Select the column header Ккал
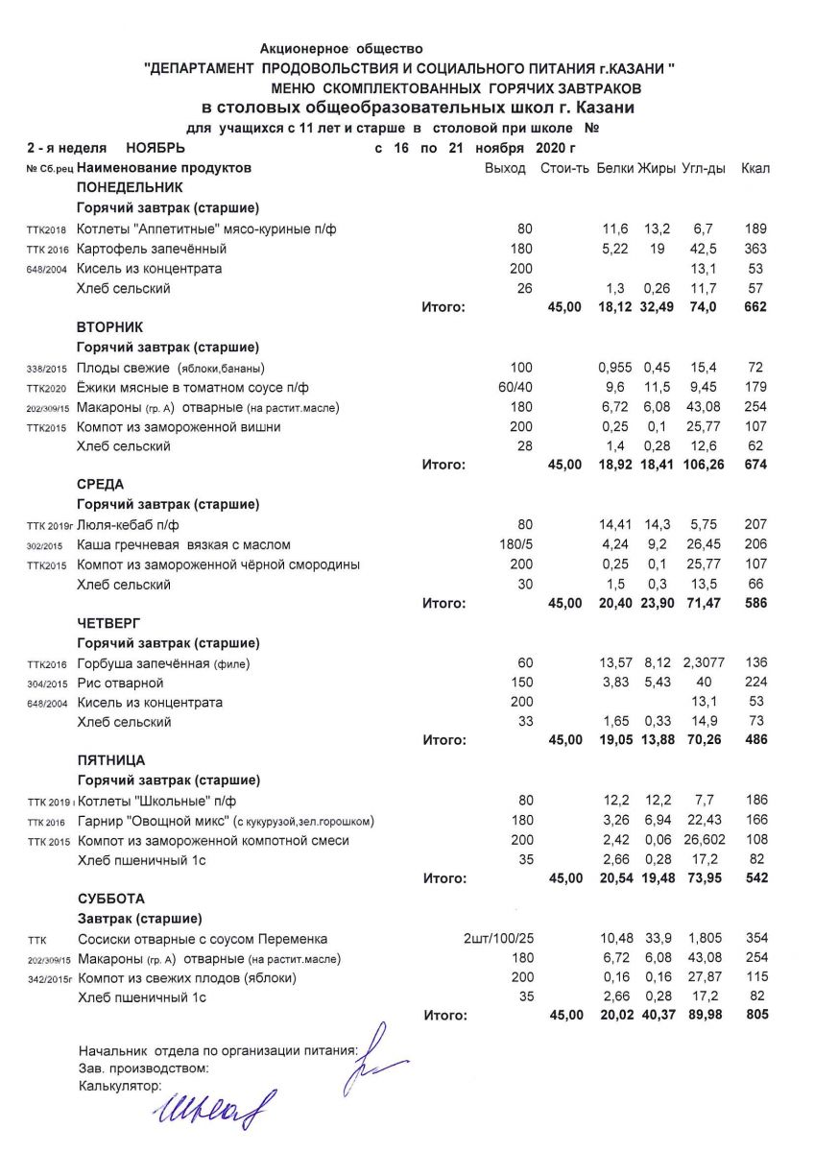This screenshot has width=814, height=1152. coord(755,168)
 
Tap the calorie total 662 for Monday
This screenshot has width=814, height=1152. coord(755,307)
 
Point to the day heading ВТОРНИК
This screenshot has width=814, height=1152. coord(108,326)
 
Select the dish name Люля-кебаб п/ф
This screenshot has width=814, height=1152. coord(128,526)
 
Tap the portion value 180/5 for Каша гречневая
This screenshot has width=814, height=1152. coord(514,545)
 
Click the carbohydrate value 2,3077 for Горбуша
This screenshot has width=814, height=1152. coord(703,664)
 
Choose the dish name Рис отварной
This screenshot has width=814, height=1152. coord(120,684)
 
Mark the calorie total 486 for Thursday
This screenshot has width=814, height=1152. coord(755,740)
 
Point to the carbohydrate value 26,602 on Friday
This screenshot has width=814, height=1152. coord(703,841)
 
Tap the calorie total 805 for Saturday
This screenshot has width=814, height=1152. coord(755,1015)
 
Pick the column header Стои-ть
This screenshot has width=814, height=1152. coord(562,168)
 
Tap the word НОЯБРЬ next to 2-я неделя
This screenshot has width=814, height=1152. coord(156,148)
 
